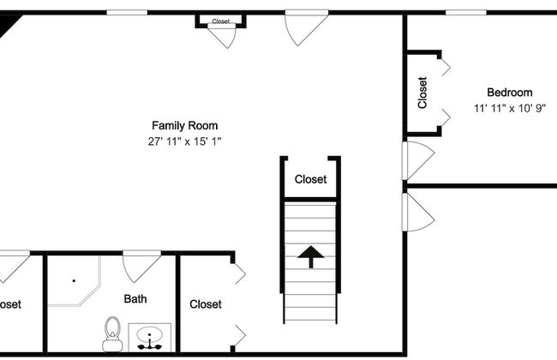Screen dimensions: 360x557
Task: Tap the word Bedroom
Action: [509, 93]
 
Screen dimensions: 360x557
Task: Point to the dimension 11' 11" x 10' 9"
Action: [509, 109]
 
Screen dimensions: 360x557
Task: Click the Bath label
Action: [135, 299]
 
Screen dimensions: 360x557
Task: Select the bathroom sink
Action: [151, 338]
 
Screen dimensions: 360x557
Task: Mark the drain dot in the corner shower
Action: [74, 280]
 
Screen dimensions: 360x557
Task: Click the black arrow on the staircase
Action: [310, 255]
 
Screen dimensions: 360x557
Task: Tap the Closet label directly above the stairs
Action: [310, 180]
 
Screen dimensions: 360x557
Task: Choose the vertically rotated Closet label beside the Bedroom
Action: [422, 93]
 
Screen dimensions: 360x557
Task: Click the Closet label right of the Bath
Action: [206, 304]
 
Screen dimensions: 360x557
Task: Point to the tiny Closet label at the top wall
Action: [221, 21]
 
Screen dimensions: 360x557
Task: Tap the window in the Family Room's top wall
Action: [126, 12]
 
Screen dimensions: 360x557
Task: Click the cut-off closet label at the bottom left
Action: [10, 304]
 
